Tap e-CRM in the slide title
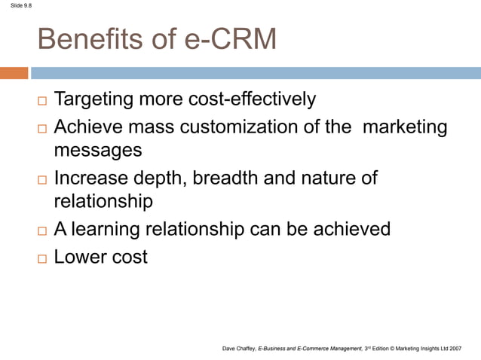[225, 40]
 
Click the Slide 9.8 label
[16, 6]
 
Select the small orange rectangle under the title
[14, 73]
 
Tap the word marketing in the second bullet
[405, 127]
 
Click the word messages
[98, 150]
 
